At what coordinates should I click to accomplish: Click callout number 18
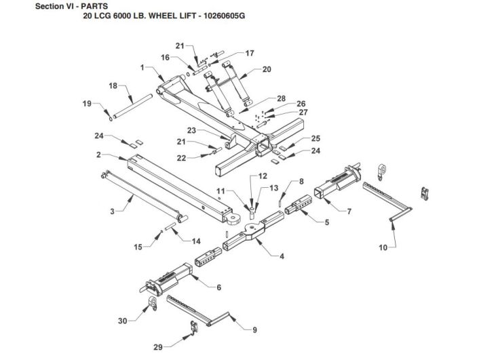click(113, 86)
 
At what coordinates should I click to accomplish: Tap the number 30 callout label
click(123, 321)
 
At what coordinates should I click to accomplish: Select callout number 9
click(255, 329)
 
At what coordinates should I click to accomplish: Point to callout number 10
click(383, 247)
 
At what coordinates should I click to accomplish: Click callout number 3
click(113, 212)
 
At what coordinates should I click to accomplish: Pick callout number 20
click(267, 69)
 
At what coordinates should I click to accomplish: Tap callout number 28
click(281, 98)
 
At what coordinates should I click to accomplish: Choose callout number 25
click(315, 138)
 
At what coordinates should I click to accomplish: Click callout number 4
click(282, 256)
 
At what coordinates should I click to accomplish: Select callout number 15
click(138, 247)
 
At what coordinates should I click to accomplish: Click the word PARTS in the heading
click(94, 6)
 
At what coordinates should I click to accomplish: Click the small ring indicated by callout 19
click(111, 119)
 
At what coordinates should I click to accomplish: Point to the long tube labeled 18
click(132, 106)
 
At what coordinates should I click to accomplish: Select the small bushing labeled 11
click(252, 214)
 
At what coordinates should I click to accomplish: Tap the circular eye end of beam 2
click(233, 218)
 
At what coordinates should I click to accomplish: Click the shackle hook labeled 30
click(153, 304)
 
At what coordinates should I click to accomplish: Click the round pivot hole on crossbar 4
click(252, 226)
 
